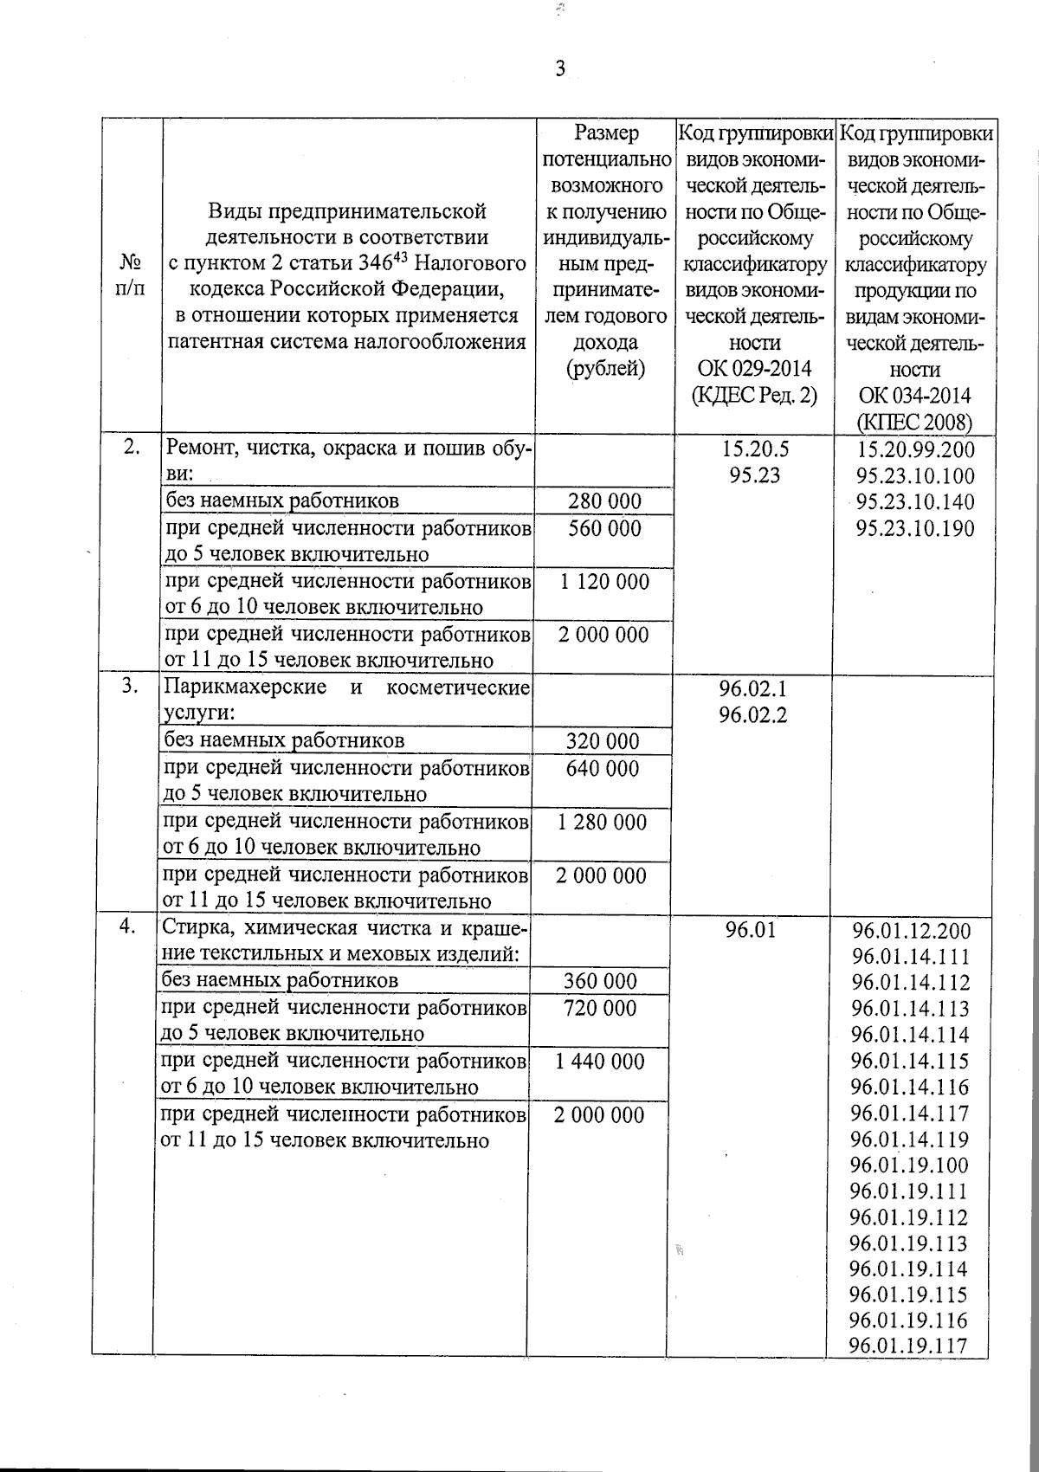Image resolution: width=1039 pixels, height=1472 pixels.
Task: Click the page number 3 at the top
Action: pyautogui.click(x=560, y=69)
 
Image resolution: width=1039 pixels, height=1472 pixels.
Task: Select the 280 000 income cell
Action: pyautogui.click(x=604, y=501)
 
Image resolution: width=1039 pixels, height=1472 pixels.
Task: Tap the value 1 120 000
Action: pyautogui.click(x=603, y=582)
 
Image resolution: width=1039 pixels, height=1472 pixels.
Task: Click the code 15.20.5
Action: pyautogui.click(x=755, y=449)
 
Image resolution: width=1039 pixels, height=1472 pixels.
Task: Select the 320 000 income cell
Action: pyautogui.click(x=603, y=741)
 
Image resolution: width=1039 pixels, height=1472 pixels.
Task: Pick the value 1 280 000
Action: pyautogui.click(x=603, y=822)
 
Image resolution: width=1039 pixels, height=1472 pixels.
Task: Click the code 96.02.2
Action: pyautogui.click(x=753, y=716)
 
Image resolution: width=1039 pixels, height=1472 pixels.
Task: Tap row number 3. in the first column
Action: pyautogui.click(x=129, y=687)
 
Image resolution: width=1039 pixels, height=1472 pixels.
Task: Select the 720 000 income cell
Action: pyautogui.click(x=600, y=1008)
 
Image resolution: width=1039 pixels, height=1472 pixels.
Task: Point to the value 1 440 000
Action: pyautogui.click(x=600, y=1062)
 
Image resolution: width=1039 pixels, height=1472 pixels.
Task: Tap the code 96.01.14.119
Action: pyautogui.click(x=910, y=1140)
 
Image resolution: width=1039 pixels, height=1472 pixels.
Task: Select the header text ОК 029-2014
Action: pyautogui.click(x=754, y=369)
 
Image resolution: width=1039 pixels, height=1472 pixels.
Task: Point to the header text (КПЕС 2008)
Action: pyautogui.click(x=914, y=423)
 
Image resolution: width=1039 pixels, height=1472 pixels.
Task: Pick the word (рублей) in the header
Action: pyautogui.click(x=605, y=369)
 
